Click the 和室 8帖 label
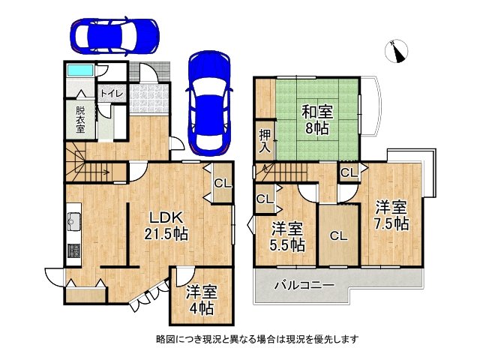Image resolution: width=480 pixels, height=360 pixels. tap(317, 120)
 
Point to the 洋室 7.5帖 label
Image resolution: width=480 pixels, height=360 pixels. tap(391, 214)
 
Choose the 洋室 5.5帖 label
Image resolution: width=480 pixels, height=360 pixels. tap(287, 236)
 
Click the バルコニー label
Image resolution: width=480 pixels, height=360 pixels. tap(304, 285)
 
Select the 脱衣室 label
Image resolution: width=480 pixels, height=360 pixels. tap(80, 119)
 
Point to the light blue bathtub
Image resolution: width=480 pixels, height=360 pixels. tap(79, 70)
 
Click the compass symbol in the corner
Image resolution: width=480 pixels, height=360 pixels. tap(397, 52)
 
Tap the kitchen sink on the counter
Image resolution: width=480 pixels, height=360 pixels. tap(73, 222)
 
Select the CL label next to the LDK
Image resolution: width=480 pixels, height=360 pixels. tap(223, 182)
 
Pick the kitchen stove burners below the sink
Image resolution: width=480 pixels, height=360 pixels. tap(73, 250)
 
